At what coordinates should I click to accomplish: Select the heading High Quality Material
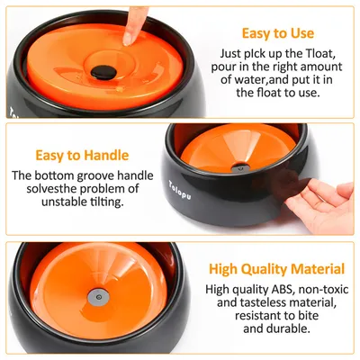(x=276, y=268)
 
